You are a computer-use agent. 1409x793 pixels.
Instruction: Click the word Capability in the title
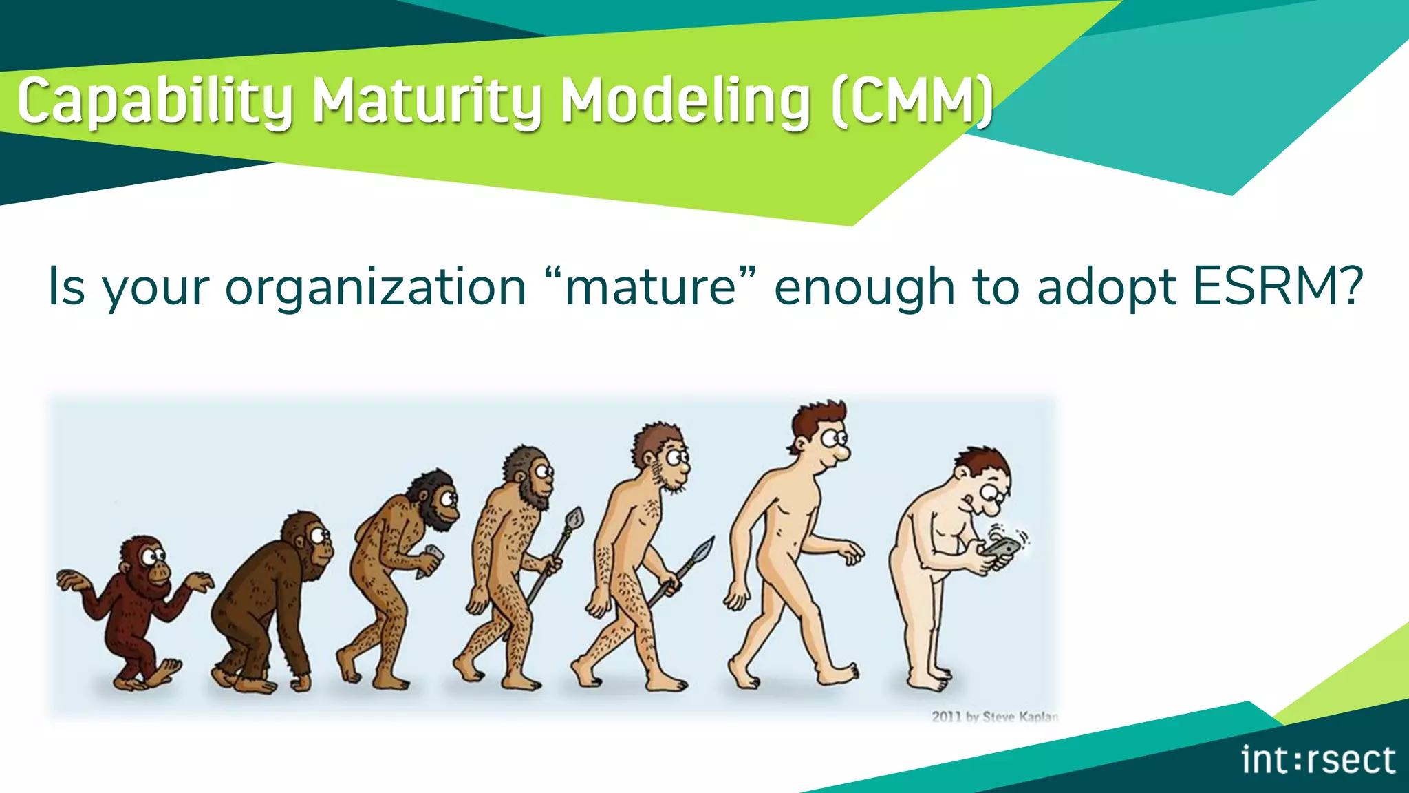pyautogui.click(x=154, y=102)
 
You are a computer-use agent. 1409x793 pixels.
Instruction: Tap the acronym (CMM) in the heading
pyautogui.click(x=912, y=102)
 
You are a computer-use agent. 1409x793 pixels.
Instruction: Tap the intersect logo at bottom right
pyautogui.click(x=1317, y=760)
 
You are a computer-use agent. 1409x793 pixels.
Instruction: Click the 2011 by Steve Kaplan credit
pyautogui.click(x=994, y=717)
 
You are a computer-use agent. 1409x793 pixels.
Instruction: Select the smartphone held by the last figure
pyautogui.click(x=1001, y=547)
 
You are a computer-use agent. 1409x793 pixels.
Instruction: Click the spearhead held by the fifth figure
pyautogui.click(x=703, y=551)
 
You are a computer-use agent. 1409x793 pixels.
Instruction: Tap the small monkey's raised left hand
pyautogui.click(x=68, y=580)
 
